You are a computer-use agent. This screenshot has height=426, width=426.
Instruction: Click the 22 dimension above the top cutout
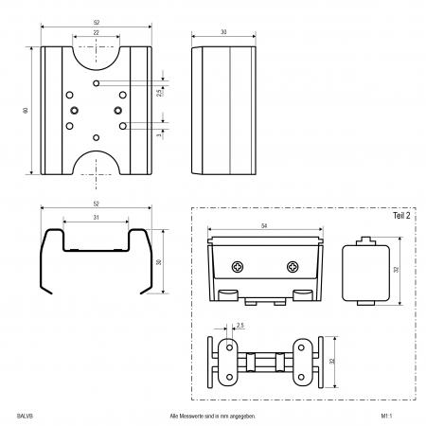(96, 32)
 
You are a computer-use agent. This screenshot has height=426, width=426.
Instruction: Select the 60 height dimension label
(26, 110)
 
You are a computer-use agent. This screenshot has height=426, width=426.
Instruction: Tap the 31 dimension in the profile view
(96, 218)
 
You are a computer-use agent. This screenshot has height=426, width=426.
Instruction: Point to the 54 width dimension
(264, 226)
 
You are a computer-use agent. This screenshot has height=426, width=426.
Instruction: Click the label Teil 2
(401, 216)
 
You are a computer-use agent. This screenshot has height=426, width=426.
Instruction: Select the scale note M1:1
(386, 416)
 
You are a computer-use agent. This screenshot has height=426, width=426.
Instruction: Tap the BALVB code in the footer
(25, 416)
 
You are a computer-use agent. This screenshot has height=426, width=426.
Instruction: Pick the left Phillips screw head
(238, 267)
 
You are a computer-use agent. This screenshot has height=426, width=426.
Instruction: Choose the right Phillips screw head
(293, 267)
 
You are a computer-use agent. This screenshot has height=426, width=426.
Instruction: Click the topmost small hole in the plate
(97, 83)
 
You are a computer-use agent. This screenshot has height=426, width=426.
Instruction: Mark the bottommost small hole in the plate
(97, 137)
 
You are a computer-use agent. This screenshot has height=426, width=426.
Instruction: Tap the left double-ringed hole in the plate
(75, 110)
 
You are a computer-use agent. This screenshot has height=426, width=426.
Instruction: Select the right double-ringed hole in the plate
(118, 110)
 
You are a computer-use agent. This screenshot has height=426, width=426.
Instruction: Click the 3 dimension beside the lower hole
(159, 134)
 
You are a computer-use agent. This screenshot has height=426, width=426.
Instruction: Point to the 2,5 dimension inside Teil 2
(240, 326)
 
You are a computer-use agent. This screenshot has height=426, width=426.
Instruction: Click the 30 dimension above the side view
(223, 32)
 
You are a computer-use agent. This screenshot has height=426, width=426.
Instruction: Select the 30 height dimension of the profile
(159, 262)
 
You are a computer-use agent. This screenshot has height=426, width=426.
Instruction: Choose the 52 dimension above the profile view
(96, 204)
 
